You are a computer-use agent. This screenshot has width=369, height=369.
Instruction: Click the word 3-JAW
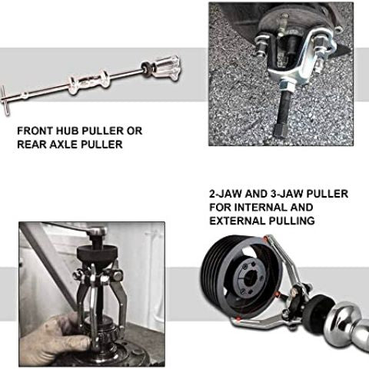click(x=287, y=194)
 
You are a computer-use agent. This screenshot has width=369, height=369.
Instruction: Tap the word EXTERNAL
click(x=236, y=221)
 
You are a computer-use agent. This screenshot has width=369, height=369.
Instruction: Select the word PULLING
click(x=290, y=221)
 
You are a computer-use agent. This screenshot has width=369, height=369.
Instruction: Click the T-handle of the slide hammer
click(x=5, y=101)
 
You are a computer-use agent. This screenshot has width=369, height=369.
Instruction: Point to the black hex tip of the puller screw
click(x=280, y=131)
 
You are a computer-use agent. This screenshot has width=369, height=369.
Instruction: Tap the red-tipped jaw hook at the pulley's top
click(x=266, y=239)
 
